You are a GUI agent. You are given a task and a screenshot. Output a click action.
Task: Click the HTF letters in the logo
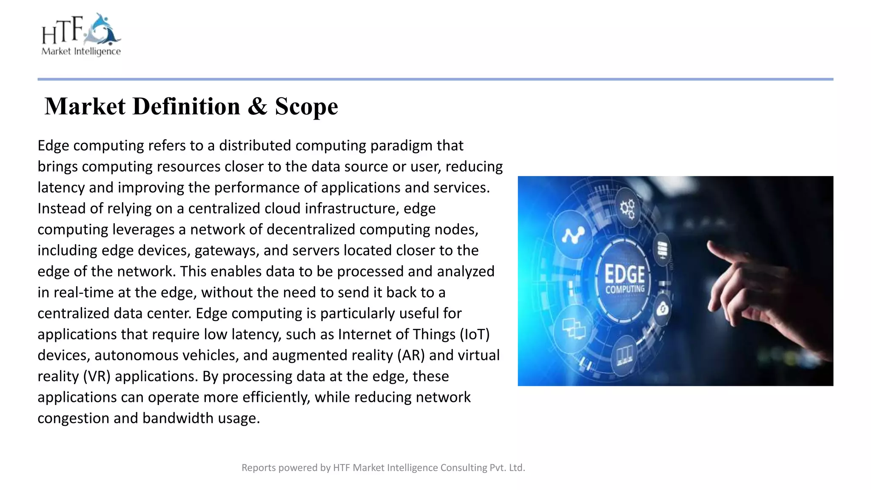pos(62,31)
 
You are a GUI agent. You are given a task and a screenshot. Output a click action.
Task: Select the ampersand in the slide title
pos(257,106)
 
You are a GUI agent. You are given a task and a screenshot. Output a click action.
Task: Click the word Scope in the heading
pos(306,106)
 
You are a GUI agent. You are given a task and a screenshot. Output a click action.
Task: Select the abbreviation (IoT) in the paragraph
pos(475,334)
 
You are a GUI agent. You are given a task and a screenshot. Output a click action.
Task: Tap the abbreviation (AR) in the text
pos(411,355)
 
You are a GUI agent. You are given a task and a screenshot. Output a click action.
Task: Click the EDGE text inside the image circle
pos(625,274)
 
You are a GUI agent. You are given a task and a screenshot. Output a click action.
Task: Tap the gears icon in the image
pos(627,209)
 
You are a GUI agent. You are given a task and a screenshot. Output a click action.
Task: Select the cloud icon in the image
pos(662,309)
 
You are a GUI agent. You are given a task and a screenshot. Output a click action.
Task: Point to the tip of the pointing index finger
pos(710,245)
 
